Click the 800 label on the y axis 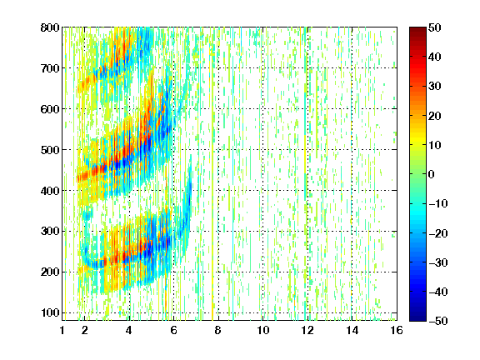point(50,27)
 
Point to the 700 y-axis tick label point(50,68)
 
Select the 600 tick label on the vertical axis point(50,109)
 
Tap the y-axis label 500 point(50,150)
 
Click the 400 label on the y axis point(50,191)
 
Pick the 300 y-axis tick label point(50,232)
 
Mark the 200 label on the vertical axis point(50,272)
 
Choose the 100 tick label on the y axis point(50,313)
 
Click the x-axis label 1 point(62,330)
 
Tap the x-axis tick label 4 point(129,330)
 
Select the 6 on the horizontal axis point(173,330)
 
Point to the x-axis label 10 point(263,330)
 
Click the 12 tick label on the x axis point(307,330)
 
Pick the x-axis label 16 point(397,330)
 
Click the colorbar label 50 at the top point(434,27)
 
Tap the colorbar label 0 point(432,174)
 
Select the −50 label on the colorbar point(438,321)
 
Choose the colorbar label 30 point(434,87)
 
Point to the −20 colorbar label point(438,233)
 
